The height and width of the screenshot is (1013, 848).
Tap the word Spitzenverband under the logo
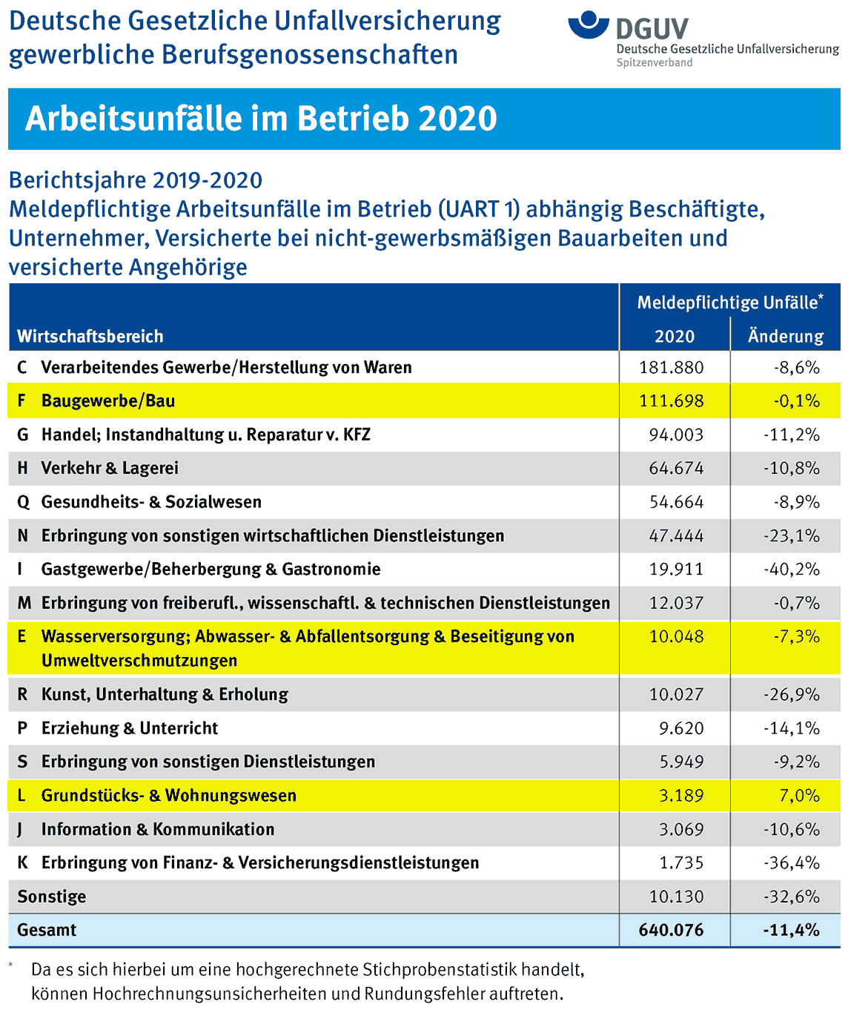(654, 62)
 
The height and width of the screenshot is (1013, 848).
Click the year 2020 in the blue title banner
(457, 119)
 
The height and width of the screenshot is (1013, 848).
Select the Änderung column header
(786, 335)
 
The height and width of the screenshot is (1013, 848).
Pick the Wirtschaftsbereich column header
(90, 336)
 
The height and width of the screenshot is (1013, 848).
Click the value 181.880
(671, 367)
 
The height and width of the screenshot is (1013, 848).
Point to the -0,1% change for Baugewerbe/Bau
(797, 400)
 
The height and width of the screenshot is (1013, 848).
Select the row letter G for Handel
(23, 435)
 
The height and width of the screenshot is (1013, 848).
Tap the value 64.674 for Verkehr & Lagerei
(676, 468)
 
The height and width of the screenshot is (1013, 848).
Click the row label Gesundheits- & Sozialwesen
(151, 501)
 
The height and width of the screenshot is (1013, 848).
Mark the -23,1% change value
(792, 535)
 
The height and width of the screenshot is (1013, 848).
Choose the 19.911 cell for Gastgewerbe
(676, 569)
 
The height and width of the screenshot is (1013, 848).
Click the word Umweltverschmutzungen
(139, 660)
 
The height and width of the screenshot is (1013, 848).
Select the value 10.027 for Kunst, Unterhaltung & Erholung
(676, 694)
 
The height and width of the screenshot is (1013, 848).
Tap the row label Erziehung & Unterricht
(130, 727)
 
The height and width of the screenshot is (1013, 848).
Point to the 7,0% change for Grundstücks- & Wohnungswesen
(800, 795)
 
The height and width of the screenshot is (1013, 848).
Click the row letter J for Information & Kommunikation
(20, 830)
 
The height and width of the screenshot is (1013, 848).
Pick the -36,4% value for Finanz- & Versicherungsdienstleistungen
(792, 862)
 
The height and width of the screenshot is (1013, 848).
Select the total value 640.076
(671, 929)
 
